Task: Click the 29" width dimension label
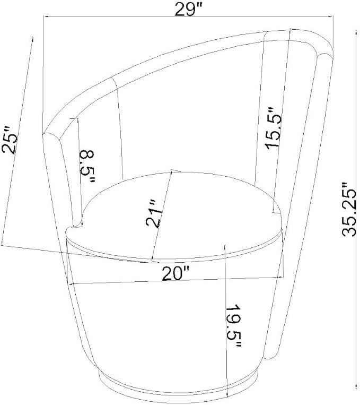[x=188, y=9]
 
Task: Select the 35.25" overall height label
[x=349, y=209]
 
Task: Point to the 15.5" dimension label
[x=273, y=127]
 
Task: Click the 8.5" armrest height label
[x=87, y=166]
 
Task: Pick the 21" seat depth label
[x=154, y=213]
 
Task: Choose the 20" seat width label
[x=175, y=273]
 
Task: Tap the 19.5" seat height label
[x=233, y=326]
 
